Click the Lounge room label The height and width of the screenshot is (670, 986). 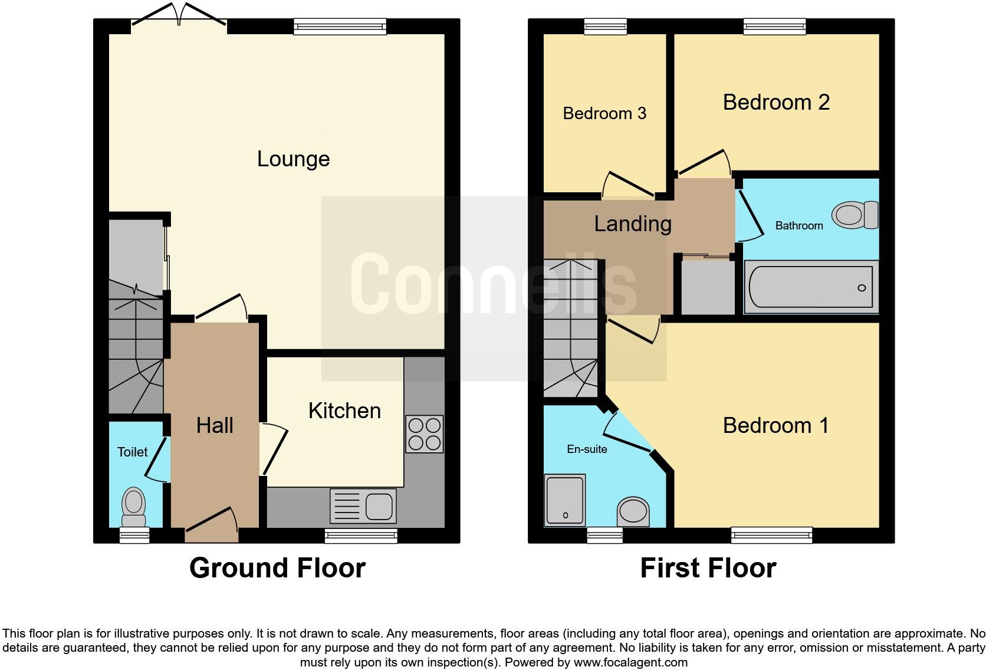coord(293,159)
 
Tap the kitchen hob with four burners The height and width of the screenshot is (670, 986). coord(424,435)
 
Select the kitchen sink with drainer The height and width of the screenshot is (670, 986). coord(363,506)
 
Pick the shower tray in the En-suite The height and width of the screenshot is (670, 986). coord(565,500)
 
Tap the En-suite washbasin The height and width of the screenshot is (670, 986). coord(633,511)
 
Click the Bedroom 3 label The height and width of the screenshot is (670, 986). coord(604,113)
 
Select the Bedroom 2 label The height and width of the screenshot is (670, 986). coord(776,103)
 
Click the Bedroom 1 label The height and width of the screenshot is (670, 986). coord(776,425)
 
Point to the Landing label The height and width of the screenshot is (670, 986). coord(633,224)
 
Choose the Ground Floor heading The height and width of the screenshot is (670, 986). coord(277,568)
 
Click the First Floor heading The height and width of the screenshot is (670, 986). coord(708,568)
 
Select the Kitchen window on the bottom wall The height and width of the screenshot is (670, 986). coord(361,536)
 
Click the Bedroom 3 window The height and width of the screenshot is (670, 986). coord(606,26)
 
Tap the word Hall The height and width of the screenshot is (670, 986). coord(215,425)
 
